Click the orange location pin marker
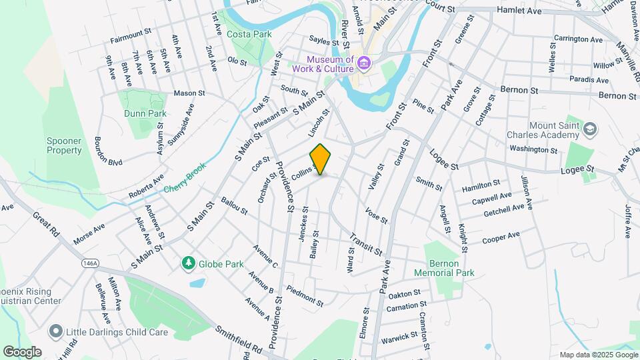[321, 159]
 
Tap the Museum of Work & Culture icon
[364, 64]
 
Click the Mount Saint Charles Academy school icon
[590, 129]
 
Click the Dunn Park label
[145, 113]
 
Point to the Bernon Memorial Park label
[443, 268]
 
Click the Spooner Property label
[64, 145]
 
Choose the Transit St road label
[365, 243]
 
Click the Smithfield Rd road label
[239, 339]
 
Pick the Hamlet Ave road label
[519, 11]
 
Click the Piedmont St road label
[304, 297]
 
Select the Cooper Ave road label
[501, 237]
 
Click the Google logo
[22, 351]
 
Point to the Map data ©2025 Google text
[597, 355]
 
